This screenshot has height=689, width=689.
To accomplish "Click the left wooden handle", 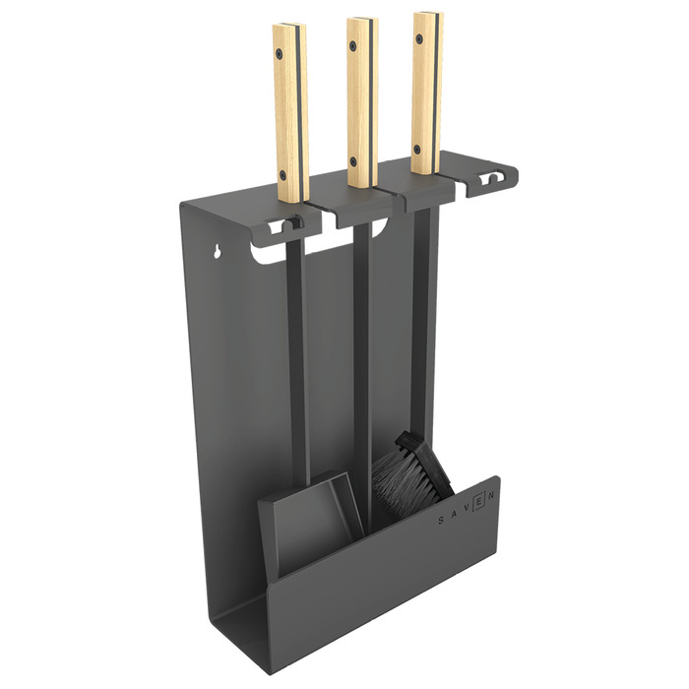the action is point(290,113).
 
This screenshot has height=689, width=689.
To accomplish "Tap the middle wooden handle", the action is point(362,102).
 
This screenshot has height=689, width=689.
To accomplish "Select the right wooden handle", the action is point(427,93).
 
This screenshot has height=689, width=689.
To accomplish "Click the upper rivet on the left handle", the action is point(279,53).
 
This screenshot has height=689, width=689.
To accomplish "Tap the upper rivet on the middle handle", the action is point(352,45).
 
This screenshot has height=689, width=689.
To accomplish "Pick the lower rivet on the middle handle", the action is point(354,160).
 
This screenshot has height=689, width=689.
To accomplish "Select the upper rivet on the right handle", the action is point(419,38).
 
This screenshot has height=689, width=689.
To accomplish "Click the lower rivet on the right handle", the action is point(417,148).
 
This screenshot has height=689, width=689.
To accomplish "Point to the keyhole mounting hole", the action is point(217,251).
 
